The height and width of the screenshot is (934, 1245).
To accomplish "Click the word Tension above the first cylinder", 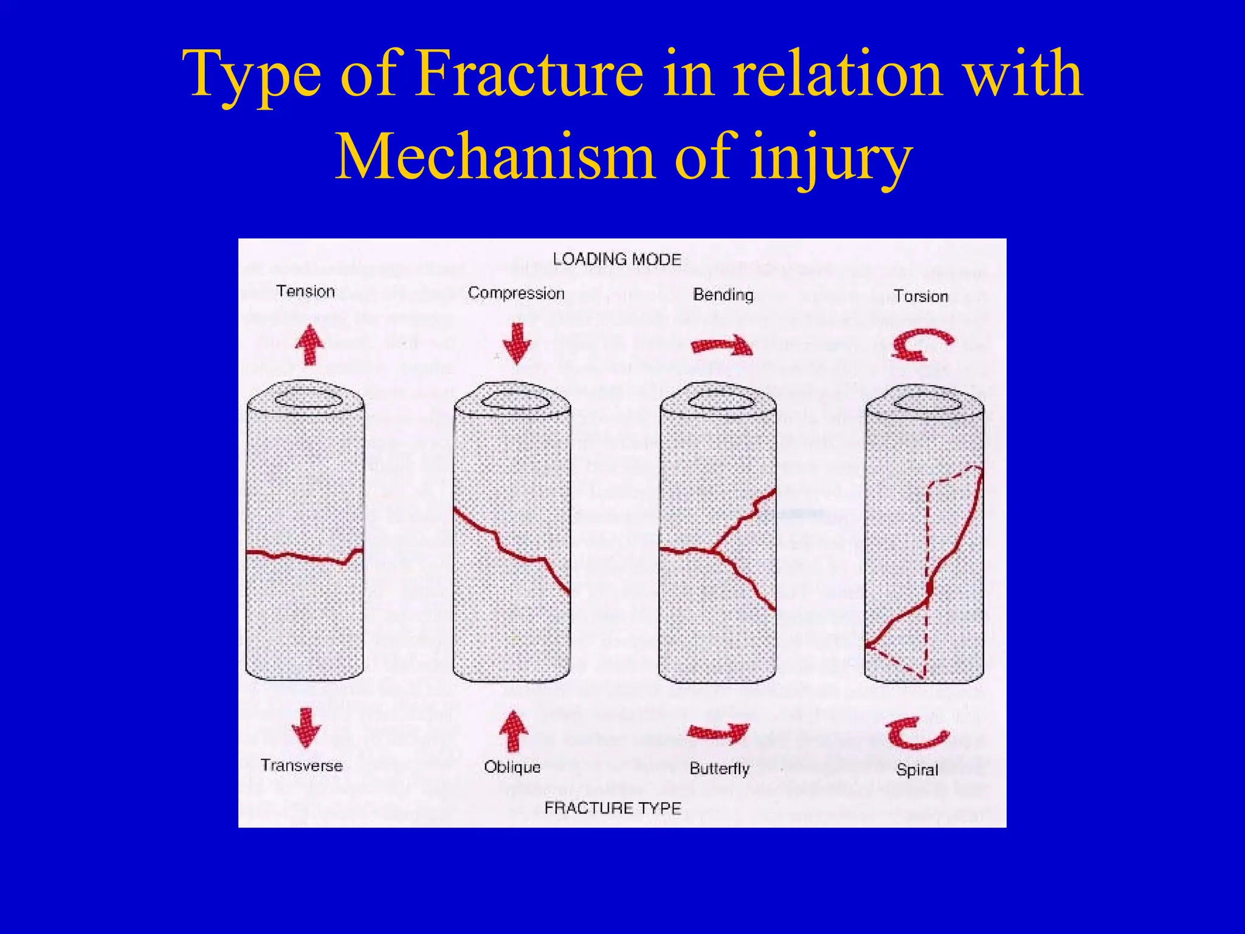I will coord(305,291).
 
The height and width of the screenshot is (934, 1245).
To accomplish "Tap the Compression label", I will coord(516,293).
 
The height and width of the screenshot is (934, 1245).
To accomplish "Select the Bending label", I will coord(723,295).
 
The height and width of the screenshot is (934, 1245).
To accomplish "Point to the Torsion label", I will coord(920,296).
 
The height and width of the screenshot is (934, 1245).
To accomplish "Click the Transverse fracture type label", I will coord(302,765).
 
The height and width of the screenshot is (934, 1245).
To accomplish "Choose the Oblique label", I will coord(512,767).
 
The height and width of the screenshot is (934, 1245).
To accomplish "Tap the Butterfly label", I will coord(719,769).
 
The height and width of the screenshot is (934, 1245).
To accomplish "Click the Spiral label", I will coord(917,770).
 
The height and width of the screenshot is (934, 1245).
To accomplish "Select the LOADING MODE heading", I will coord(616,259).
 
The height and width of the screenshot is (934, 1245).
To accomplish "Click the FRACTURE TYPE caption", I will coord(612,808).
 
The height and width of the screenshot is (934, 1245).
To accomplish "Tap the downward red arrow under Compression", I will coord(517,344).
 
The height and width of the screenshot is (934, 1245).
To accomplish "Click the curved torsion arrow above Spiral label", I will coord(917,733).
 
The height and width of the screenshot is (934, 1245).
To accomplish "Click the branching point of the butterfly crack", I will coord(712,550).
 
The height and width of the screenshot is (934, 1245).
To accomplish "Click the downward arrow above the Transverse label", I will coord(306,727).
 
